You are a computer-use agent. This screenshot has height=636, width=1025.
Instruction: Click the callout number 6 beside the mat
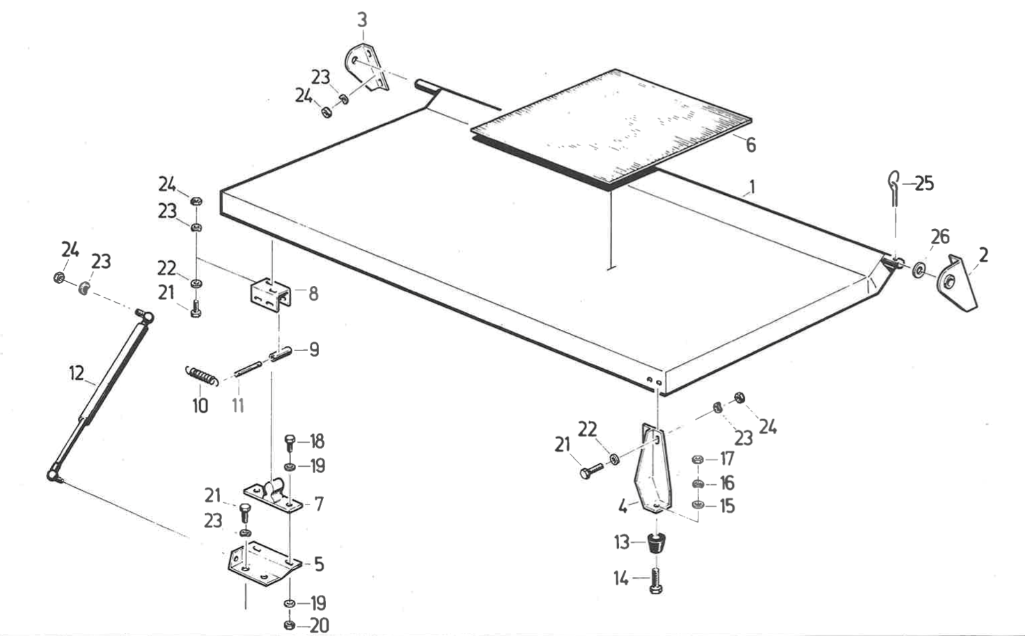751,145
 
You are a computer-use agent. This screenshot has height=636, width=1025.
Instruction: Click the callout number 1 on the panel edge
752,186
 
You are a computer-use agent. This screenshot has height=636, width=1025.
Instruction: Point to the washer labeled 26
920,269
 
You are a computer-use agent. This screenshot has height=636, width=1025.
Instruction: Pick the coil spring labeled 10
202,376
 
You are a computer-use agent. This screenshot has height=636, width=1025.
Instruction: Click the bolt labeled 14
655,581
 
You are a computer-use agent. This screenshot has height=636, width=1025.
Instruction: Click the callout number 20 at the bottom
319,625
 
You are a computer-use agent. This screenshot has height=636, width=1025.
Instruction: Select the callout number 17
727,459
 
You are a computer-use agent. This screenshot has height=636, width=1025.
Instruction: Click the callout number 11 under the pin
238,405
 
